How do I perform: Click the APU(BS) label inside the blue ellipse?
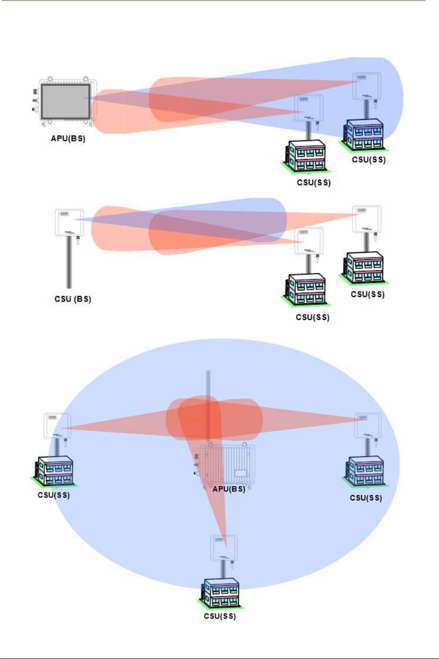229,489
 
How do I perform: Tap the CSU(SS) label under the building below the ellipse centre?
220,616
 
